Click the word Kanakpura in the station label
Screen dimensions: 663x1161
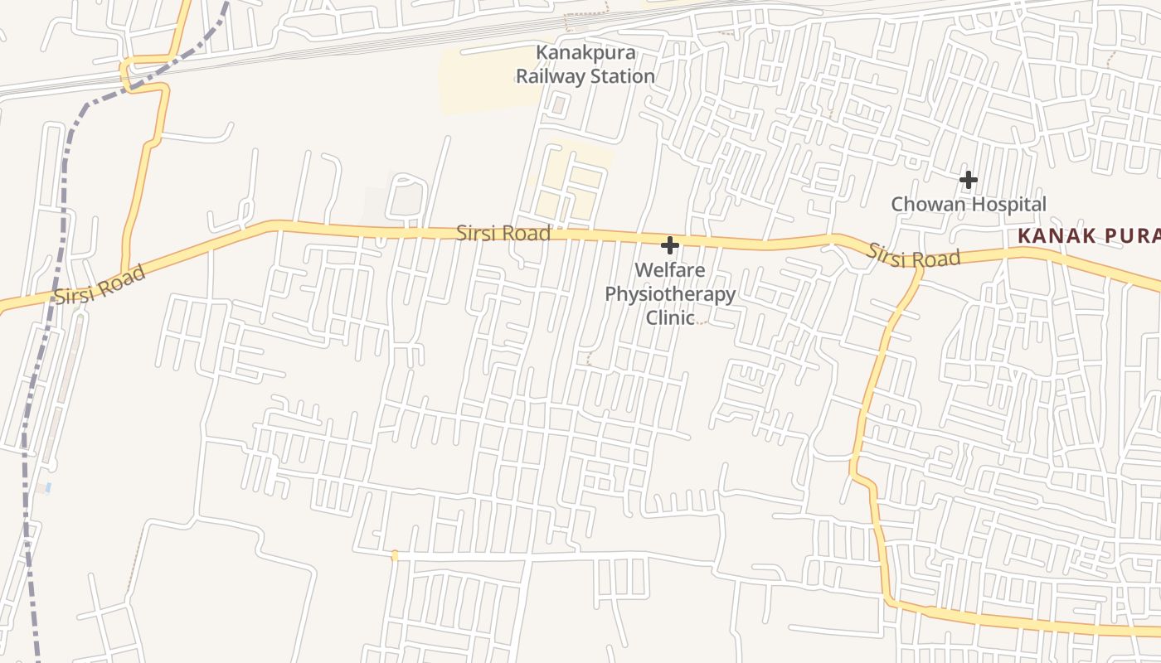click(585, 53)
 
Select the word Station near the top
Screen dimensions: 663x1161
click(622, 76)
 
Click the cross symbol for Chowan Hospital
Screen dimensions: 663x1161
click(968, 179)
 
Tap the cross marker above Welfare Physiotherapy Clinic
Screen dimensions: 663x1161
click(669, 245)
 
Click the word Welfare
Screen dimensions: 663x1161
click(670, 270)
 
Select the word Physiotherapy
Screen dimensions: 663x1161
click(670, 294)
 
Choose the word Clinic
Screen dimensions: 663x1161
click(670, 317)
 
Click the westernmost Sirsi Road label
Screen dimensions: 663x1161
click(100, 284)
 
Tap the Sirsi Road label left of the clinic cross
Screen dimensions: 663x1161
click(503, 233)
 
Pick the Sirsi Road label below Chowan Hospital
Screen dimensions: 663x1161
click(914, 255)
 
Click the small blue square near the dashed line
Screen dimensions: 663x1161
click(48, 487)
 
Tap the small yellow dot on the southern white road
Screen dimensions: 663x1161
click(395, 555)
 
